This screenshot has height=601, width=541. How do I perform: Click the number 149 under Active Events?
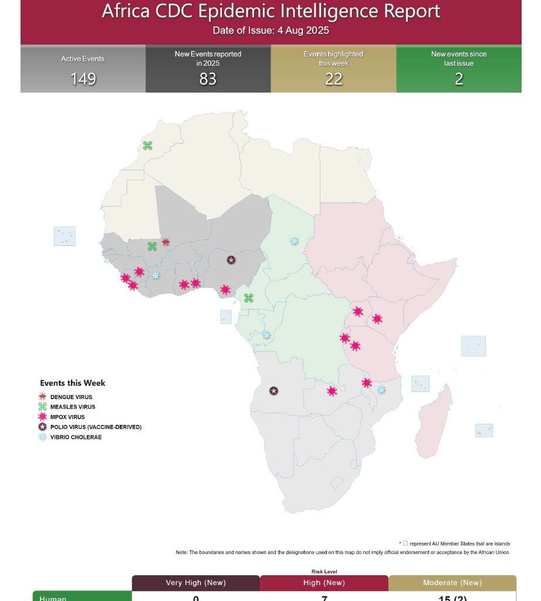83,79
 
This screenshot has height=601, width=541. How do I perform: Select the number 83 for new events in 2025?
208,79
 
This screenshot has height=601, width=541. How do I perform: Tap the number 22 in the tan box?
333,79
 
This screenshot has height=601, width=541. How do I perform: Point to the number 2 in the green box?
459,79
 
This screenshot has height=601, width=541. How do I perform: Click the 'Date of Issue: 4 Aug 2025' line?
270,31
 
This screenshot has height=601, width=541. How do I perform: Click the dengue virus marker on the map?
165,242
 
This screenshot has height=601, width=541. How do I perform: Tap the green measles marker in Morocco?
147,145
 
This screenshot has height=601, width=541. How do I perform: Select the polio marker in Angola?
273,390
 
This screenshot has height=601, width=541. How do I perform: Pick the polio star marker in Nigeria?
231,259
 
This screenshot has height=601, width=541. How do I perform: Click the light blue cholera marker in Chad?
294,241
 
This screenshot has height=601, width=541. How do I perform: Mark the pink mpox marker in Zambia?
332,391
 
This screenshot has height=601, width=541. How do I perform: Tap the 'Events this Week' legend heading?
73,383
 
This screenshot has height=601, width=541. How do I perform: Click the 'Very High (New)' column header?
195,583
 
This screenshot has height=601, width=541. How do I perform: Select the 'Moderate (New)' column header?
452,583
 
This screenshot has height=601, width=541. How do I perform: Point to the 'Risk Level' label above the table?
324,571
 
